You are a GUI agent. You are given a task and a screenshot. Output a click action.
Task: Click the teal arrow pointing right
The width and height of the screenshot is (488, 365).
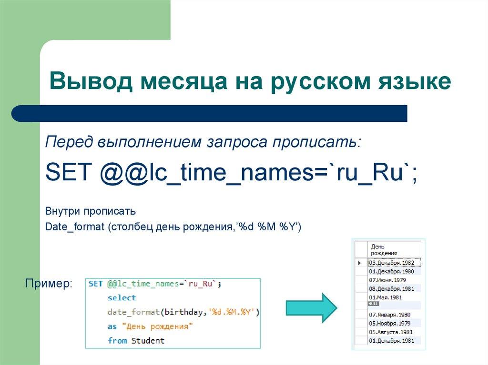pos(311,307)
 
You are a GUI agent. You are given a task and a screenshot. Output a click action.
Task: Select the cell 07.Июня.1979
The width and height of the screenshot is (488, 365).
pos(387,280)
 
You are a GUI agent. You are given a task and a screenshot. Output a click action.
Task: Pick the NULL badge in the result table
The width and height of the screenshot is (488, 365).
pos(373,303)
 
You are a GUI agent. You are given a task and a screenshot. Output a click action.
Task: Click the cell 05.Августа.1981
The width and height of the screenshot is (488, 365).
pos(391,332)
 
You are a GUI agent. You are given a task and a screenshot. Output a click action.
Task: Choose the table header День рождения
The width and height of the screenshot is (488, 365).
pos(384,250)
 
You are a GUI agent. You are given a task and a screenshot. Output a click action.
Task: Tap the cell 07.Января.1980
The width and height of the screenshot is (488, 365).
pos(389,315)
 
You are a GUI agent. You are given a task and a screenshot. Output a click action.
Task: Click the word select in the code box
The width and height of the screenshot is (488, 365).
pos(122,298)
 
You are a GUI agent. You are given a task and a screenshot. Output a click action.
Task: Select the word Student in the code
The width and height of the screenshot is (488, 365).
pos(148,341)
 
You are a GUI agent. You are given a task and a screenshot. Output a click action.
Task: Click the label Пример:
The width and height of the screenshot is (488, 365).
pos(49,284)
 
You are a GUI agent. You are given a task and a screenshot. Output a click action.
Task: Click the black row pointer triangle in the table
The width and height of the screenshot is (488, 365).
pos(359,263)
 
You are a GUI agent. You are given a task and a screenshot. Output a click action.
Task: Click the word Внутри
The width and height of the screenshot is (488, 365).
pos(62,211)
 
